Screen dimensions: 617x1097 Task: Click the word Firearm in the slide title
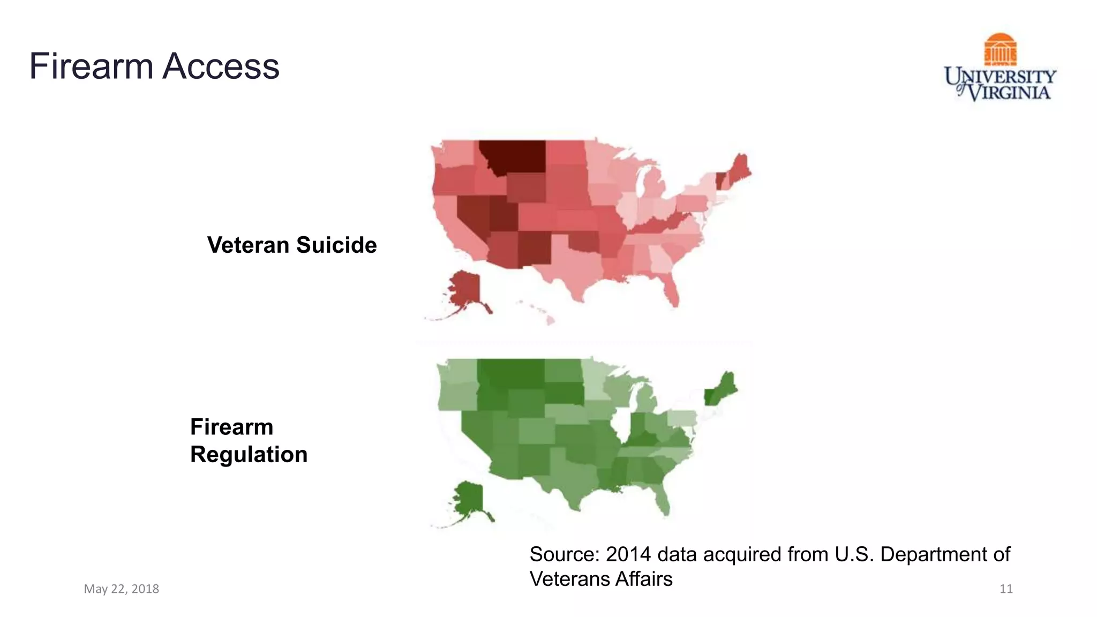[91, 66]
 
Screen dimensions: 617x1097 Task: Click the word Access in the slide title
[221, 66]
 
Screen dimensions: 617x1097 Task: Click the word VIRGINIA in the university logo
[1010, 93]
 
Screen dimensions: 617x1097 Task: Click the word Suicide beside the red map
[336, 245]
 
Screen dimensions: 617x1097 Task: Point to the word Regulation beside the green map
[249, 455]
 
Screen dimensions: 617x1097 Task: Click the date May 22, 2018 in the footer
[122, 589]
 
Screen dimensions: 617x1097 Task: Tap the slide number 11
[1006, 589]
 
